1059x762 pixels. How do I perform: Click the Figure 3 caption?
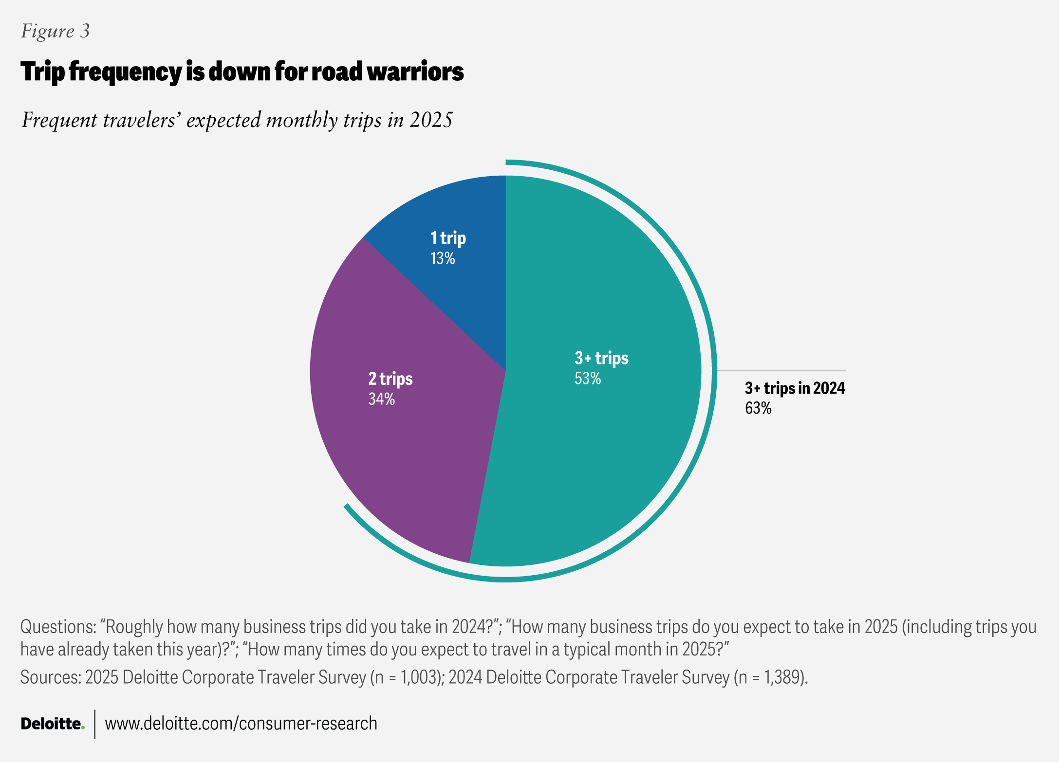pyautogui.click(x=55, y=31)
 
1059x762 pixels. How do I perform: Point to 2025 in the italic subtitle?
pyautogui.click(x=431, y=120)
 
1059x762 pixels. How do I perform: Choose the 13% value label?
pyautogui.click(x=442, y=258)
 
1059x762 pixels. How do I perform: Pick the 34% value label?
pyautogui.click(x=381, y=399)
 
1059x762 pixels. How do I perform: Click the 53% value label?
pyautogui.click(x=588, y=379)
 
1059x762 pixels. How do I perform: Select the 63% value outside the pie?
pyautogui.click(x=758, y=408)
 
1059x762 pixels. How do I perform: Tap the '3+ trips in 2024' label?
pyautogui.click(x=795, y=388)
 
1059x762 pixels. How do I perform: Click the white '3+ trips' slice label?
pyautogui.click(x=601, y=358)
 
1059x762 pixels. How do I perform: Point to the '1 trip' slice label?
pyautogui.click(x=448, y=238)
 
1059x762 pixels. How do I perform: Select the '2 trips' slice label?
pyautogui.click(x=390, y=379)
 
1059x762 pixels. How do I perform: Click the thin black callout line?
pyautogui.click(x=781, y=371)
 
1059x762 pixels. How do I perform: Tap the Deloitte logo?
pyautogui.click(x=52, y=724)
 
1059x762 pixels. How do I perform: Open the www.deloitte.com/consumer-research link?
pyautogui.click(x=241, y=724)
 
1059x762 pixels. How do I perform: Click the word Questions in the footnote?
pyautogui.click(x=58, y=627)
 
